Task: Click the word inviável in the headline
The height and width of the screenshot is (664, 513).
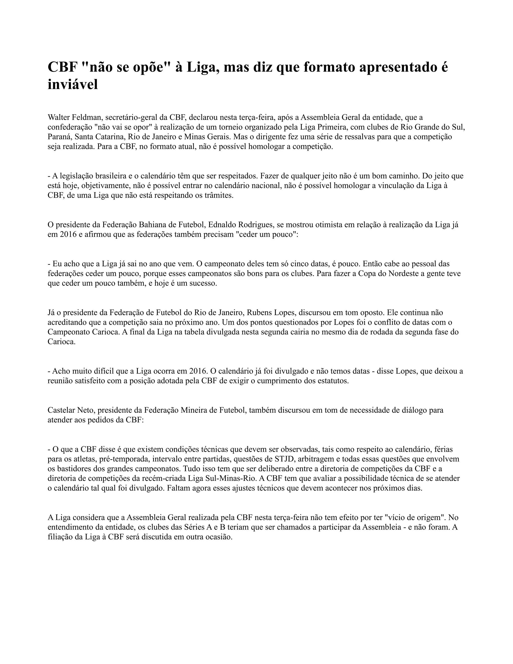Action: pyautogui.click(x=73, y=84)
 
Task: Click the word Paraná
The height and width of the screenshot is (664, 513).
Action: pyautogui.click(x=59, y=137)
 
